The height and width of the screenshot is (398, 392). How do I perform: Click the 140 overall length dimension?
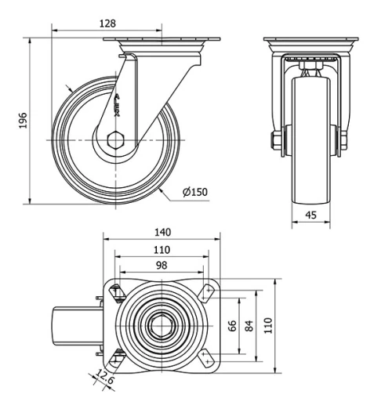162,233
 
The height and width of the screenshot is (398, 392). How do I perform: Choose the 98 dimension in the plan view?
162,266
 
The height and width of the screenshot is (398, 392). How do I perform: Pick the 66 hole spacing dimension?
233,325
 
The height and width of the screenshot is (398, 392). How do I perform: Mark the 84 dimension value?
249,325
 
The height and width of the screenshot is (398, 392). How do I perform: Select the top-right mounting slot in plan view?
208,291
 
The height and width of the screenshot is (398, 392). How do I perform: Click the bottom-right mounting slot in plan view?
207,357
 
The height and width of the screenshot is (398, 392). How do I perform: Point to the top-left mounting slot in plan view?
117,292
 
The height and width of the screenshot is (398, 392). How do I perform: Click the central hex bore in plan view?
162,324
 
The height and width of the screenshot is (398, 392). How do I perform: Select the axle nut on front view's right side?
343,140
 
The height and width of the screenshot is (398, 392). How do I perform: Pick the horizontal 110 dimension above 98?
162,249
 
